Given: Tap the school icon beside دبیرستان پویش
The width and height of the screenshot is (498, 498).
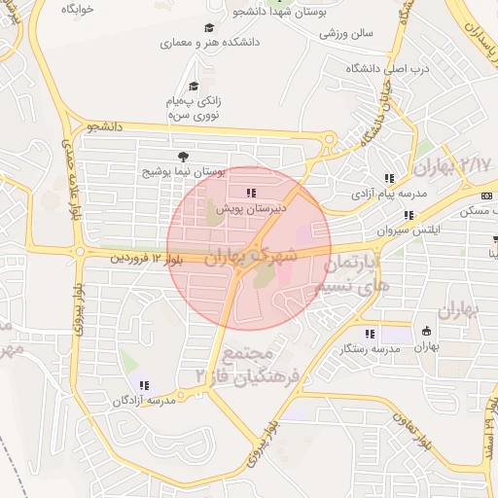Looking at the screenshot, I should pos(251,193).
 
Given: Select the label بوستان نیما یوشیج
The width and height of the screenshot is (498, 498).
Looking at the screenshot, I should pos(184,171).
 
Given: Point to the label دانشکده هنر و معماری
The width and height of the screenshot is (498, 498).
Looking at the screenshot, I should pos(207,43).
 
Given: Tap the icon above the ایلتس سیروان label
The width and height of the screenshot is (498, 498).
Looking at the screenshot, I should pos(409,216).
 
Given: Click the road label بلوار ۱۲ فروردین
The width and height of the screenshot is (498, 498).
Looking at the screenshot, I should pos(147,258).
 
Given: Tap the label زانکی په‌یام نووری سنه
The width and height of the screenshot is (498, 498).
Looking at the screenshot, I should pos(194,108).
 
